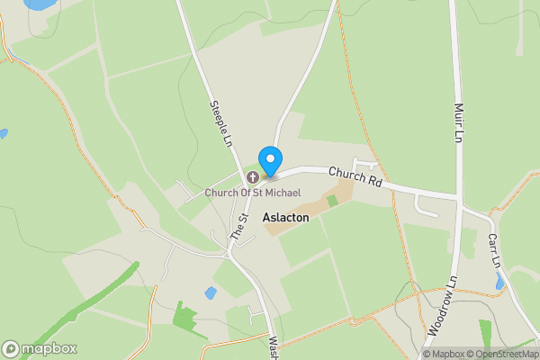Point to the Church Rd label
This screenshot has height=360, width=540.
pos(355,175)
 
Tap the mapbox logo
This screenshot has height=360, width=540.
pos(40,348)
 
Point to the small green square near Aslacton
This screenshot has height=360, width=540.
pos(331,200)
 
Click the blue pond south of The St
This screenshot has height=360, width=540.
pos(211,293)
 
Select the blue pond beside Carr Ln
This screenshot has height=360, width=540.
pos(500,283)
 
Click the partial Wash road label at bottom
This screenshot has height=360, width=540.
pos(273,346)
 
